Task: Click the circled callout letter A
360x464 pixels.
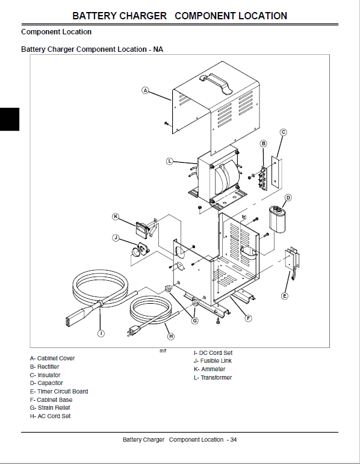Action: (x=145, y=90)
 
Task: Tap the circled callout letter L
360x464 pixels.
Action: (x=170, y=161)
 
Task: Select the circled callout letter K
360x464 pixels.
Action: (x=116, y=216)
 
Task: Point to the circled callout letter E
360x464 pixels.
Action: (x=284, y=296)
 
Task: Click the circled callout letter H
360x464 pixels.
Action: (x=171, y=336)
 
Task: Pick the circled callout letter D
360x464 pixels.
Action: (x=288, y=198)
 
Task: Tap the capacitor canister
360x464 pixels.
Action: (x=278, y=219)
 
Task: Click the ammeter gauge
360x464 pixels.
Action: (x=141, y=228)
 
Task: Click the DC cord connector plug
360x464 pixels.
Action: (x=76, y=316)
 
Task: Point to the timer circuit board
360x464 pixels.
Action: (x=292, y=261)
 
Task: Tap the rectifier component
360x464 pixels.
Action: (x=262, y=178)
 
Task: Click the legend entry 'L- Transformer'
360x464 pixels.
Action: (x=213, y=378)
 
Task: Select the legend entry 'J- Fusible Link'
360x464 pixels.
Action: (x=213, y=361)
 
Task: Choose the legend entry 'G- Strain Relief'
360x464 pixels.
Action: (x=50, y=408)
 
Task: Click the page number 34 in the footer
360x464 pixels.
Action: (x=234, y=440)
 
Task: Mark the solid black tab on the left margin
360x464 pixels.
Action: (x=10, y=119)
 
